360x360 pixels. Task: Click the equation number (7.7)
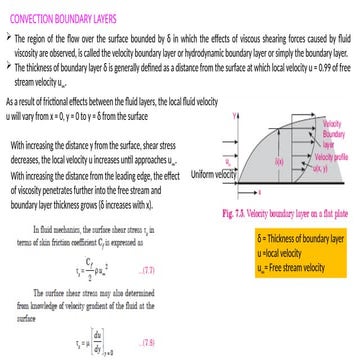[148, 270]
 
